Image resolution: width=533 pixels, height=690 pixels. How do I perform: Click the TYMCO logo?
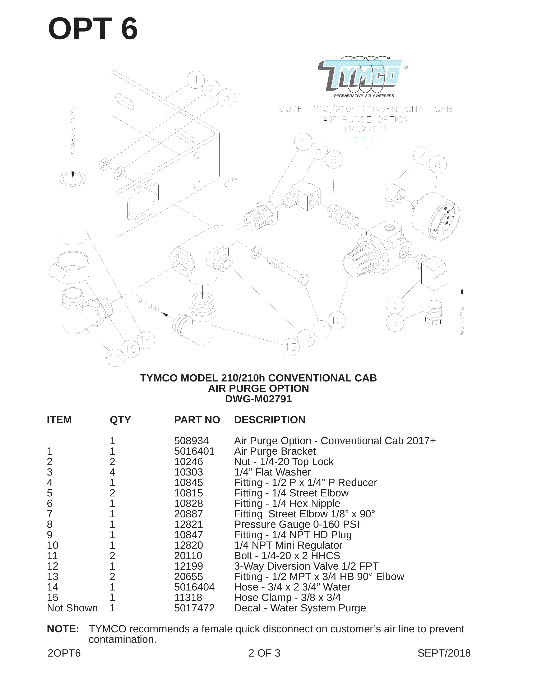pos(362,77)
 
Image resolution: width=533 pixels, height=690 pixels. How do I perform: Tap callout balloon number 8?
pos(437,165)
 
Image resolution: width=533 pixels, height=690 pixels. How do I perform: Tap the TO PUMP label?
pos(148,304)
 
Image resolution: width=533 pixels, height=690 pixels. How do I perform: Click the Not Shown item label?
pos(72,608)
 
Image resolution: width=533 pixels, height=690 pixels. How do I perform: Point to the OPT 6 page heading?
pos(93,29)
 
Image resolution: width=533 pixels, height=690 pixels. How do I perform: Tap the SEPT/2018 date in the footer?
pos(444,653)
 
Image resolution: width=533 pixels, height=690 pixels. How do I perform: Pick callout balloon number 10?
pos(337,320)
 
